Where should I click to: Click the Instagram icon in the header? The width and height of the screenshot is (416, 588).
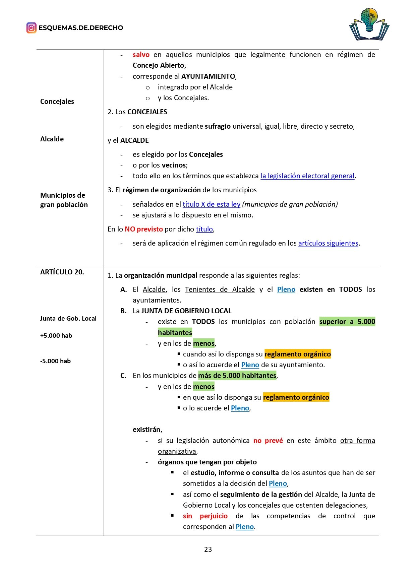[31, 28]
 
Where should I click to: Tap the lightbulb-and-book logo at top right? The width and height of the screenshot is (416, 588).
[369, 24]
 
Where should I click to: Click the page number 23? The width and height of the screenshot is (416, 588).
[208, 549]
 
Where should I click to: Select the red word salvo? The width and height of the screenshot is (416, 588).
[141, 55]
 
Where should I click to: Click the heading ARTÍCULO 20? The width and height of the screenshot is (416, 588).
[62, 272]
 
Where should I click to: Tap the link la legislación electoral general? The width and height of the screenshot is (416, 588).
[307, 176]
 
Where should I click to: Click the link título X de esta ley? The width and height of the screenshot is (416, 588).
[211, 204]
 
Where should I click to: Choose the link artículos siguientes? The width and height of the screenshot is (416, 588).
[328, 243]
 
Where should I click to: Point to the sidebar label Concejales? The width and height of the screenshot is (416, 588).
[57, 102]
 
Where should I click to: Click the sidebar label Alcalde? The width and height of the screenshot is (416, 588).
[52, 139]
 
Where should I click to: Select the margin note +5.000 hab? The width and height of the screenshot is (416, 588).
[56, 336]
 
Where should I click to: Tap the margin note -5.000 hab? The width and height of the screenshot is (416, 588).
[55, 361]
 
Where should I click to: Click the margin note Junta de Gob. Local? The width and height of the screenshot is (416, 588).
[68, 319]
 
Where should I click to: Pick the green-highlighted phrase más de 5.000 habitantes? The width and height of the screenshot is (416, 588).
[237, 376]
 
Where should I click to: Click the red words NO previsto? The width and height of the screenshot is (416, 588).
[143, 229]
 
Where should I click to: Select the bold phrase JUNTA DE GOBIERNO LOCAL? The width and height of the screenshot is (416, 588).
[186, 311]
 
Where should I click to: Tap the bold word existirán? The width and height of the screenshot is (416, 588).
[147, 430]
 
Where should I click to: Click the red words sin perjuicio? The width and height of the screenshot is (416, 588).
[205, 516]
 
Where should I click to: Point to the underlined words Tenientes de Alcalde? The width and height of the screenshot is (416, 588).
[220, 289]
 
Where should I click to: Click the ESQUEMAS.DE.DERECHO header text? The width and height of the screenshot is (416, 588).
[81, 28]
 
